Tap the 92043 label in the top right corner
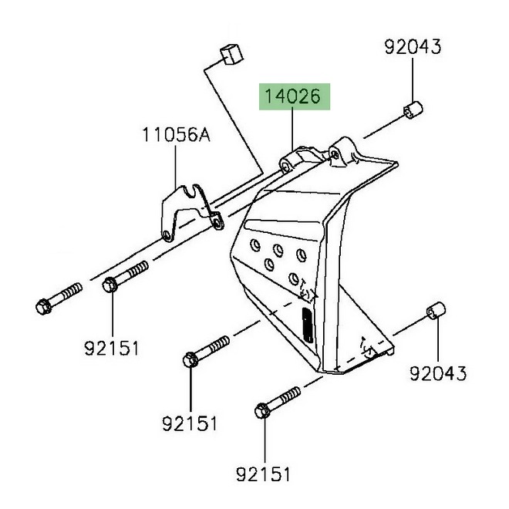413,47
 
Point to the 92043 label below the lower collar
438,374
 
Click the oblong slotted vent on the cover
305,327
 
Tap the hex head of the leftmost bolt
43,307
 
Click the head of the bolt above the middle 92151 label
190,359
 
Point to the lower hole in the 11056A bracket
166,235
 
